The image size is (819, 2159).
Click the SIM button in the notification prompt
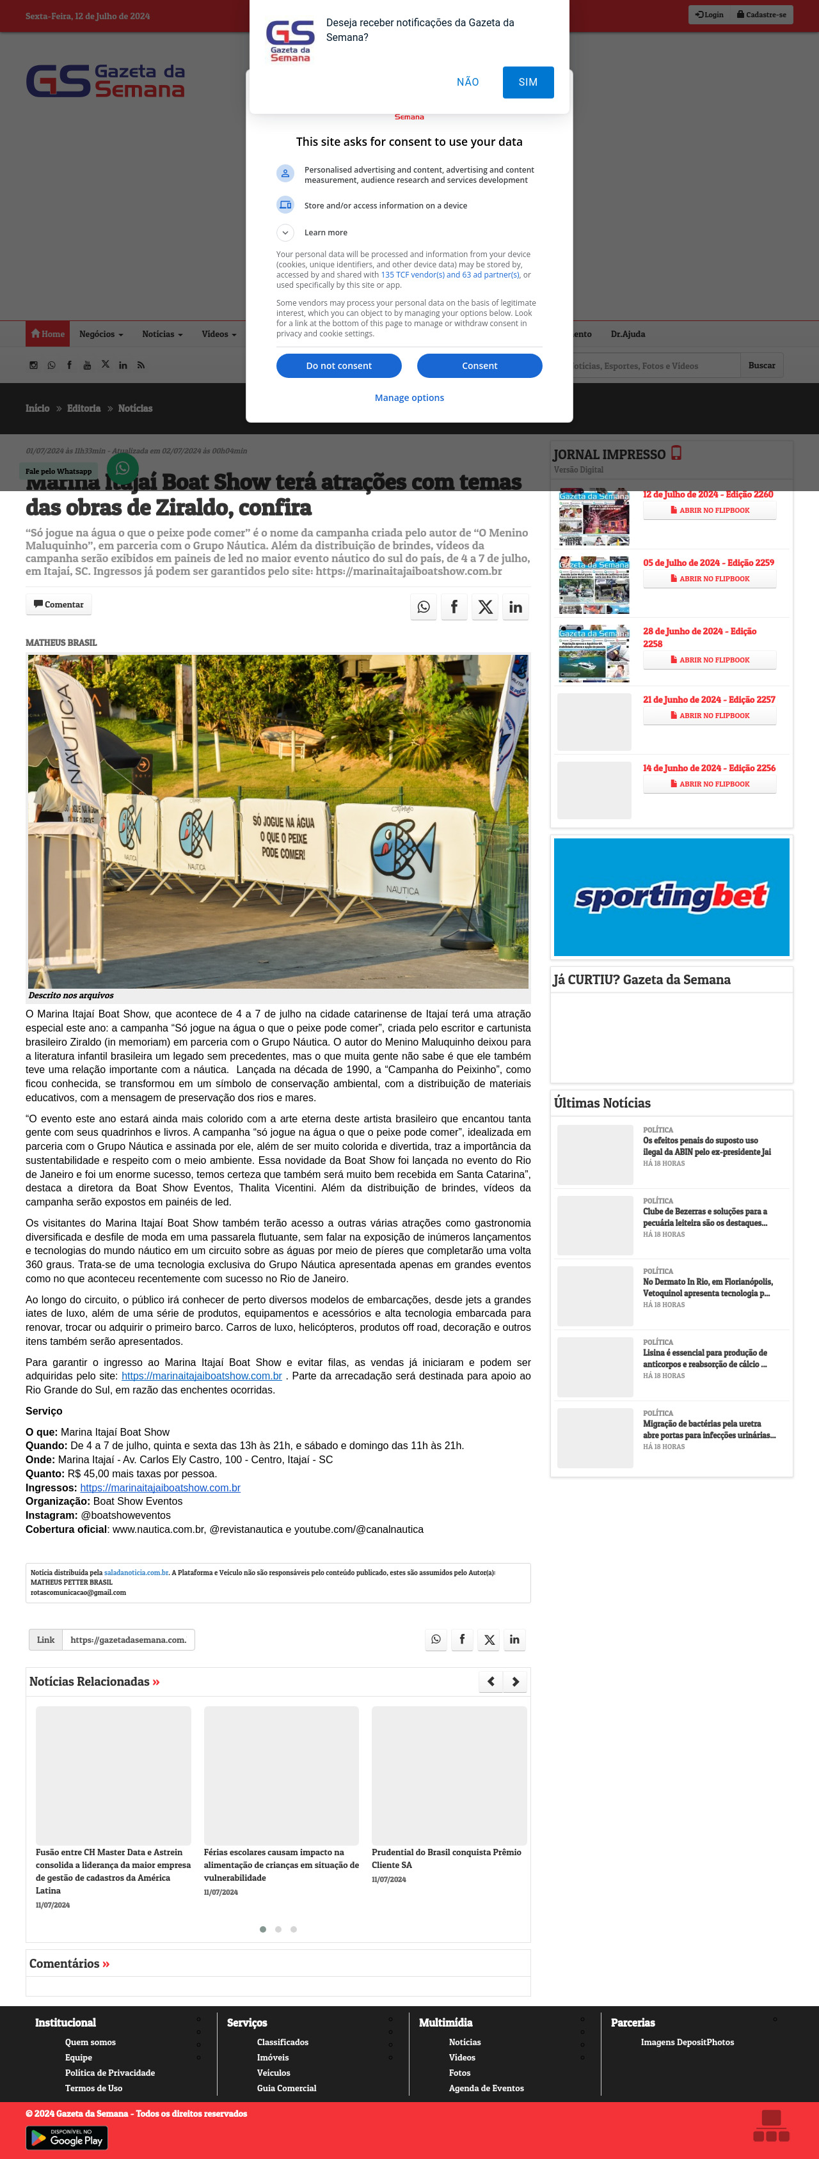click(528, 82)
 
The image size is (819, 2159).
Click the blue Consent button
click(479, 365)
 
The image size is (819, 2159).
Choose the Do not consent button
click(338, 365)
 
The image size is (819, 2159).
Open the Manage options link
click(409, 397)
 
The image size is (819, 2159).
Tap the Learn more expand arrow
click(285, 232)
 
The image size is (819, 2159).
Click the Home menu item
click(48, 334)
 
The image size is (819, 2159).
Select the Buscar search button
click(761, 365)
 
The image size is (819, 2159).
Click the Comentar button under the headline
click(59, 604)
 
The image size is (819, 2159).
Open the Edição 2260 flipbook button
click(709, 510)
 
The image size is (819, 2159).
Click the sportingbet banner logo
click(671, 896)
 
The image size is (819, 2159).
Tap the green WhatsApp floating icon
click(122, 467)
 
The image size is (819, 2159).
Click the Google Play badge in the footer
click(67, 2138)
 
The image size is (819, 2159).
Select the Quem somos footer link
click(90, 2042)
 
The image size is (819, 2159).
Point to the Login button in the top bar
click(709, 14)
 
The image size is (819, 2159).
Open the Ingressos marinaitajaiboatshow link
click(160, 1488)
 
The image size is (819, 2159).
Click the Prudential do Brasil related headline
click(446, 1858)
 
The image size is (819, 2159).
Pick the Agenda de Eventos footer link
click(486, 2088)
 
